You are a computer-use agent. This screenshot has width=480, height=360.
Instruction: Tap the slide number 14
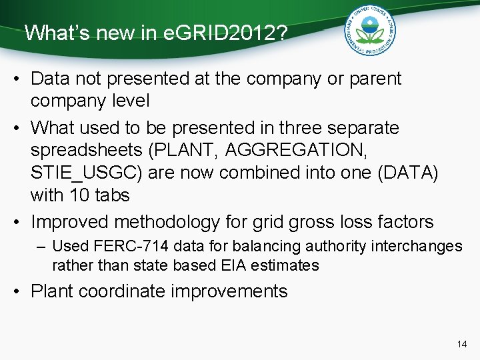[462, 344]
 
